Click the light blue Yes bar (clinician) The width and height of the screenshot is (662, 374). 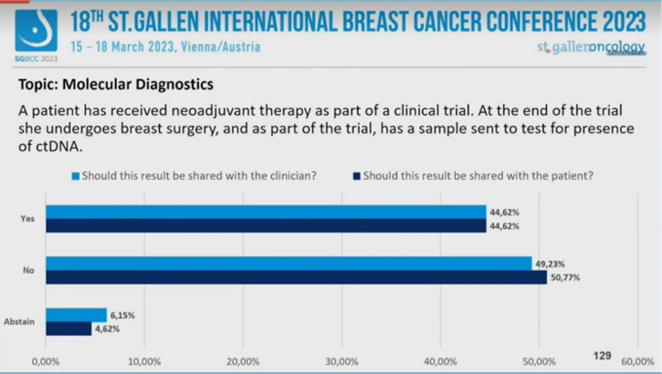265,212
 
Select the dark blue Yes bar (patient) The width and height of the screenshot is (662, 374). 265,225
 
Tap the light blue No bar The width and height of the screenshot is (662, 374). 288,264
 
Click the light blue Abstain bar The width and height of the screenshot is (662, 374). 76,315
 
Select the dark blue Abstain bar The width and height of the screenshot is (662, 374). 68,328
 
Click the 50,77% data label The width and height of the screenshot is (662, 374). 564,277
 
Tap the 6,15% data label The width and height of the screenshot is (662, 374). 123,315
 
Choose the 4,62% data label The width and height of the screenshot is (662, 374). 109,328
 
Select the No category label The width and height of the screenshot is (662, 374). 28,270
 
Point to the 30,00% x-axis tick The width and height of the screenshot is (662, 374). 342,361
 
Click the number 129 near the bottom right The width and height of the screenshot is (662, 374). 602,354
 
